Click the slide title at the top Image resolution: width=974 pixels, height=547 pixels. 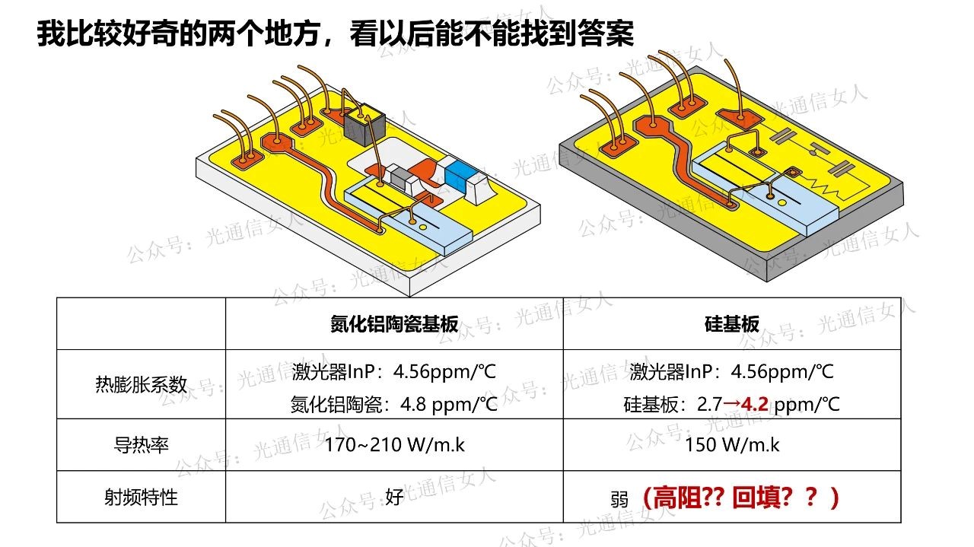(335, 33)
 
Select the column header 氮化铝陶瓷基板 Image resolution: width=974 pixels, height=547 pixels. (394, 324)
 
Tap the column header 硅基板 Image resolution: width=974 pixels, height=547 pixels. (732, 324)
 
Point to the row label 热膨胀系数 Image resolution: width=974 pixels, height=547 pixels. (141, 384)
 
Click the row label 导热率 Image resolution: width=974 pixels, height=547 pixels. (141, 445)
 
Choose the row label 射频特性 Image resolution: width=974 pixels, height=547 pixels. (141, 497)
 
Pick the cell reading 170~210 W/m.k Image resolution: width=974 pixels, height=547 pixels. (394, 445)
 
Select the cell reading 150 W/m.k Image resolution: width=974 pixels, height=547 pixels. (732, 445)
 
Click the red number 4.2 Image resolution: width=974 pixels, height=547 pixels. (754, 405)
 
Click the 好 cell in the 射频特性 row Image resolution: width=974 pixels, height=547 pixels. (394, 497)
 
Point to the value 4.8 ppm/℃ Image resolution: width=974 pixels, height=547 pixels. (448, 405)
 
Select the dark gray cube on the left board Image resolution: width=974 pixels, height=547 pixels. (364, 124)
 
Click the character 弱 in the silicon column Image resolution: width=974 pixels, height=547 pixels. (619, 499)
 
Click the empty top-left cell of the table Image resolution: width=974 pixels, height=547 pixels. (141, 323)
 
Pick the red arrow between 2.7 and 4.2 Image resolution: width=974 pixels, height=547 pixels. (732, 405)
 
